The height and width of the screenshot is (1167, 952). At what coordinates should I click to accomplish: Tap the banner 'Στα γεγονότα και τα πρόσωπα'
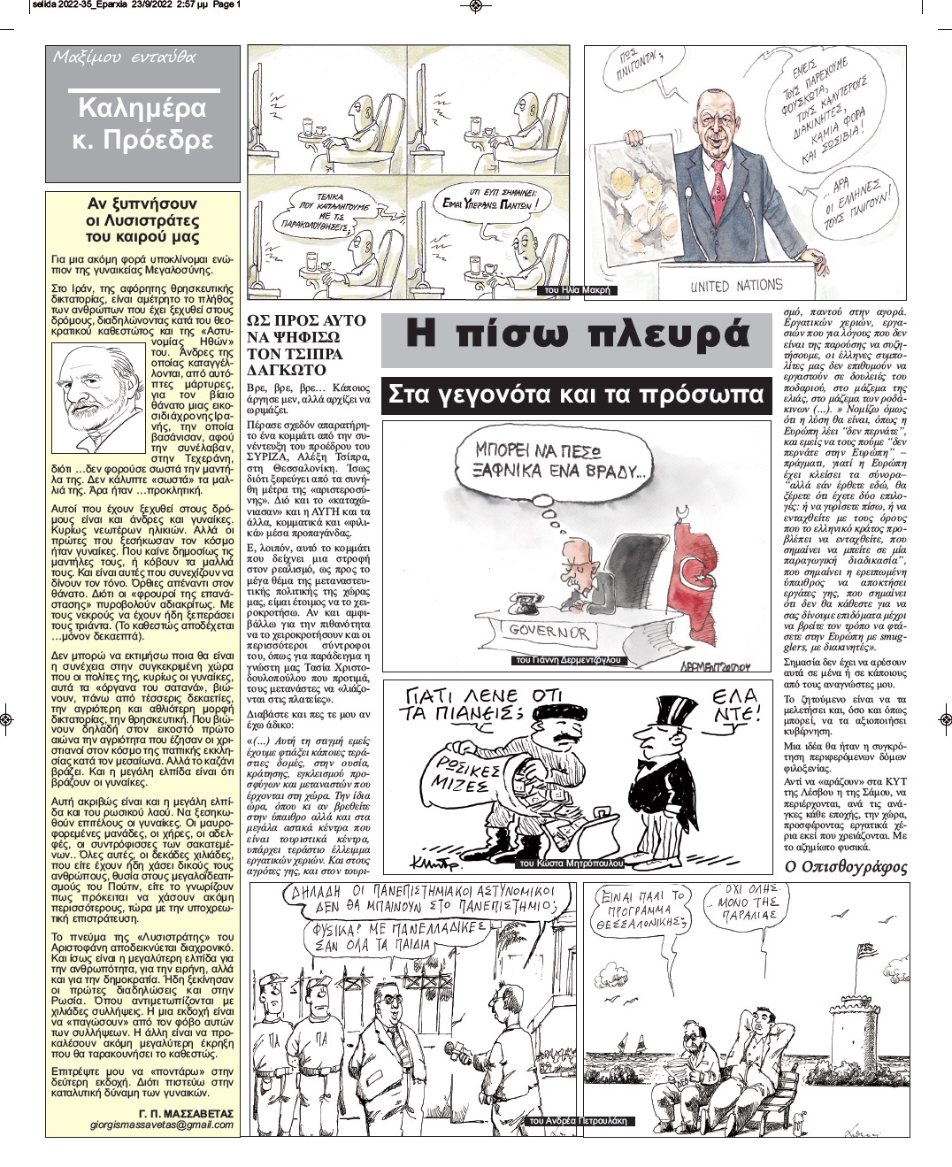point(576,395)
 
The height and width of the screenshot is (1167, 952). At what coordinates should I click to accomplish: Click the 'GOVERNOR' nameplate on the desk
point(549,632)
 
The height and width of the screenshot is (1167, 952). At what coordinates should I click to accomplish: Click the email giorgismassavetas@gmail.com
point(162,1125)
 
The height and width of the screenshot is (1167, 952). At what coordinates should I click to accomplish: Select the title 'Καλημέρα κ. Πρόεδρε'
point(142,124)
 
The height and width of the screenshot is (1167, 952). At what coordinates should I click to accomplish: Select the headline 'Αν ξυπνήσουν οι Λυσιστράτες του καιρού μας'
point(142,220)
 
